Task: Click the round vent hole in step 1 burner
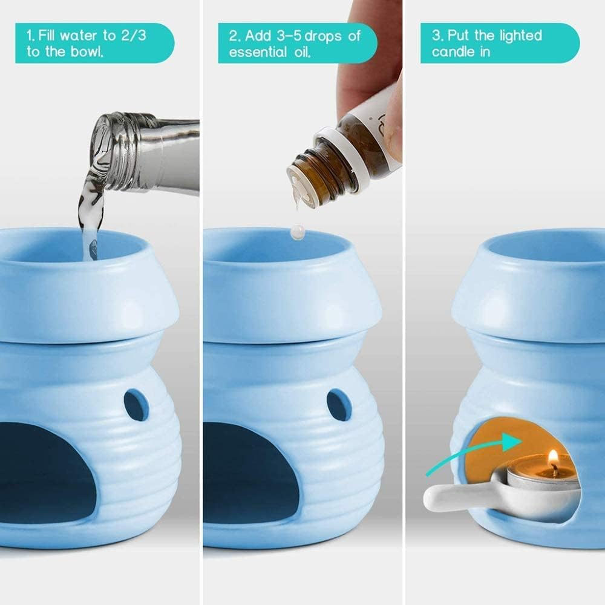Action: pos(136,405)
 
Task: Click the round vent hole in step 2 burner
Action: pos(339,405)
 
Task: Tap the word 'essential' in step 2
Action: pos(256,52)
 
